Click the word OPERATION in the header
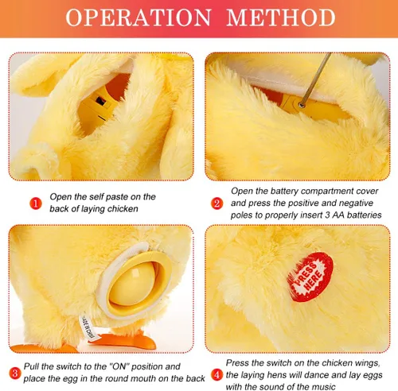point(139,17)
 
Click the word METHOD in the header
point(281,17)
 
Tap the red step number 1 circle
point(36,203)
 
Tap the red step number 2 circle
point(217,203)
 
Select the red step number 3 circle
point(15,374)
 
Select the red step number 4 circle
point(217,375)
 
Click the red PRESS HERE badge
point(310,277)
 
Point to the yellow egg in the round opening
point(132,284)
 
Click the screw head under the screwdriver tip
point(301,106)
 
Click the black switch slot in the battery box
point(100,101)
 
